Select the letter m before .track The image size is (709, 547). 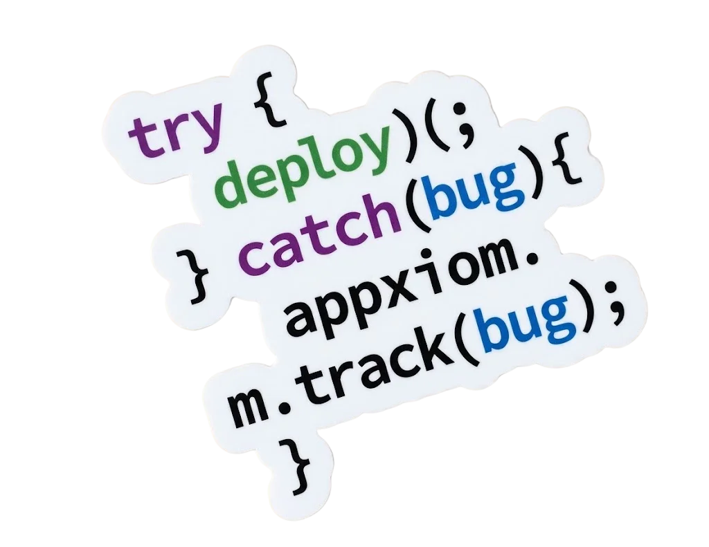(x=249, y=408)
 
